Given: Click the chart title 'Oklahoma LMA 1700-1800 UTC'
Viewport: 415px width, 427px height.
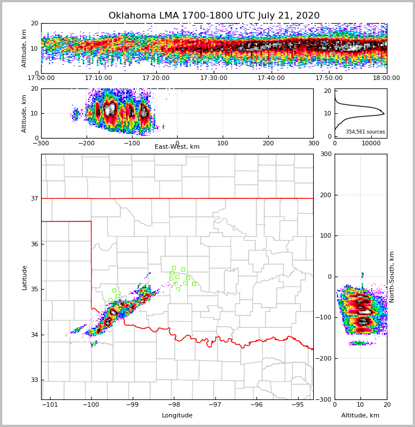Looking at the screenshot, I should point(214,16).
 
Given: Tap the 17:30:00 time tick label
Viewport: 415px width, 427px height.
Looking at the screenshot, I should point(214,78).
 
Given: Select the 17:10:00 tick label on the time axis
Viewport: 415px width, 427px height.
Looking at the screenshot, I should point(98,78).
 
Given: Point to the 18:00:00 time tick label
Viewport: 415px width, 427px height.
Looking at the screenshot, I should point(386,78).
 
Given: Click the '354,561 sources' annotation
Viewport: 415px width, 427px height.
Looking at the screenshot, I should point(366,132).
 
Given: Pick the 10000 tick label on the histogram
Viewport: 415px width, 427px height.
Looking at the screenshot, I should point(371,144).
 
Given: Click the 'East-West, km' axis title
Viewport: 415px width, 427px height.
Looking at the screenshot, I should point(177,147).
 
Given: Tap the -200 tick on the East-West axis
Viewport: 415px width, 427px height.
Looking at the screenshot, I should point(86,144).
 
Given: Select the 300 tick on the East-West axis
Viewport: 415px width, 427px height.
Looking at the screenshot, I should point(313,144).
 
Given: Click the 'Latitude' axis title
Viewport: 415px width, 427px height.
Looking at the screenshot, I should point(25,277).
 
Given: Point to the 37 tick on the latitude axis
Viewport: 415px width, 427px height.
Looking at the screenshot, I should point(34,198).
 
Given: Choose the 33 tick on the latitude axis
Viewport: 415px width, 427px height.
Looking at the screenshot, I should point(34,380).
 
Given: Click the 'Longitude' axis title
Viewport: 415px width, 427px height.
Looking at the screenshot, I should point(177,416).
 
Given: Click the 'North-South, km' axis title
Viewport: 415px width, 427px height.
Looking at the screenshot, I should point(392,277).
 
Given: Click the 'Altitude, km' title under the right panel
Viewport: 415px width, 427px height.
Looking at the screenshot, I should point(360,416).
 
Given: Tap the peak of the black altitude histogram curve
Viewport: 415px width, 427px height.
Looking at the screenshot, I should point(384,114).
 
